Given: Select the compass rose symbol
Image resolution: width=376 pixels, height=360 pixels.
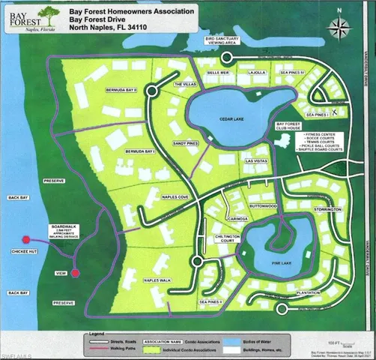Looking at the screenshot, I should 336,30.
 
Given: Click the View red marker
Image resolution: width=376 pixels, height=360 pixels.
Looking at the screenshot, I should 76,273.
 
